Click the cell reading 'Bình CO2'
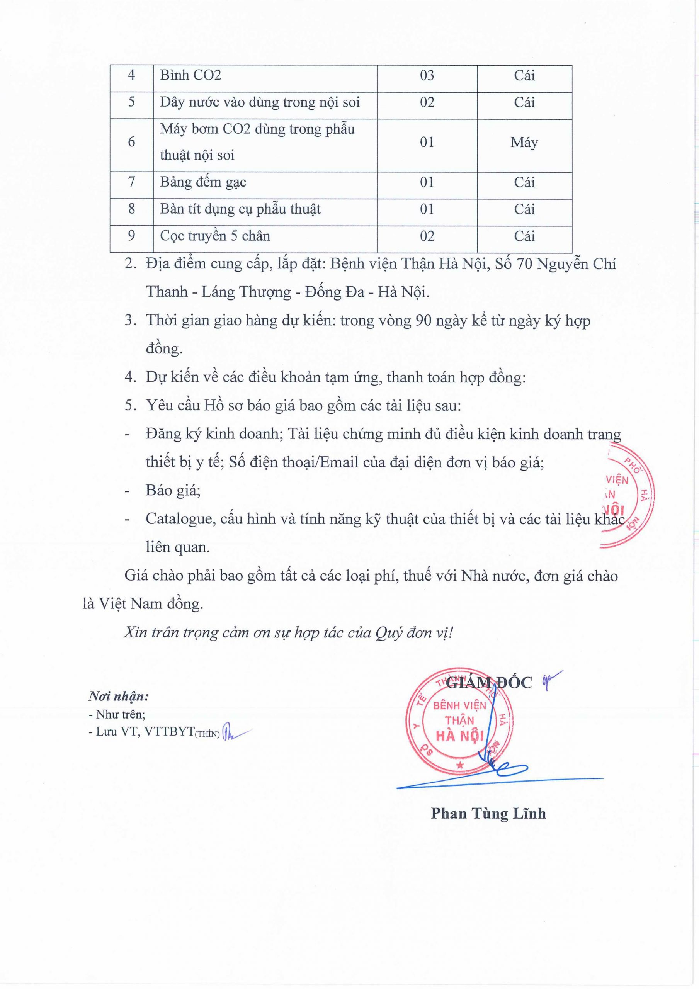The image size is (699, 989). (x=190, y=76)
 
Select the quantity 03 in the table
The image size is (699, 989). (x=427, y=76)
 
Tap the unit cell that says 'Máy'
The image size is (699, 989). (x=524, y=142)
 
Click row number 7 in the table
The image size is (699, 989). (x=131, y=182)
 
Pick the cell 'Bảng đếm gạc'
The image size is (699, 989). (x=203, y=182)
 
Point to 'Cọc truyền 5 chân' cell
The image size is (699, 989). (x=215, y=236)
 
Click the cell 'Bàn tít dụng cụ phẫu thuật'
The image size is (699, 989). (x=240, y=209)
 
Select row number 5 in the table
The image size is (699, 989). (x=131, y=102)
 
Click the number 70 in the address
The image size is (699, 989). (x=524, y=264)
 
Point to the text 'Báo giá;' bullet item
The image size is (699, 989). (x=173, y=491)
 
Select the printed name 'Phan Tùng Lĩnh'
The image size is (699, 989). (x=488, y=814)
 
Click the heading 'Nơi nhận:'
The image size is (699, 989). (x=119, y=696)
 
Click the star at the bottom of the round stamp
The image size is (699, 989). (x=460, y=765)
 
